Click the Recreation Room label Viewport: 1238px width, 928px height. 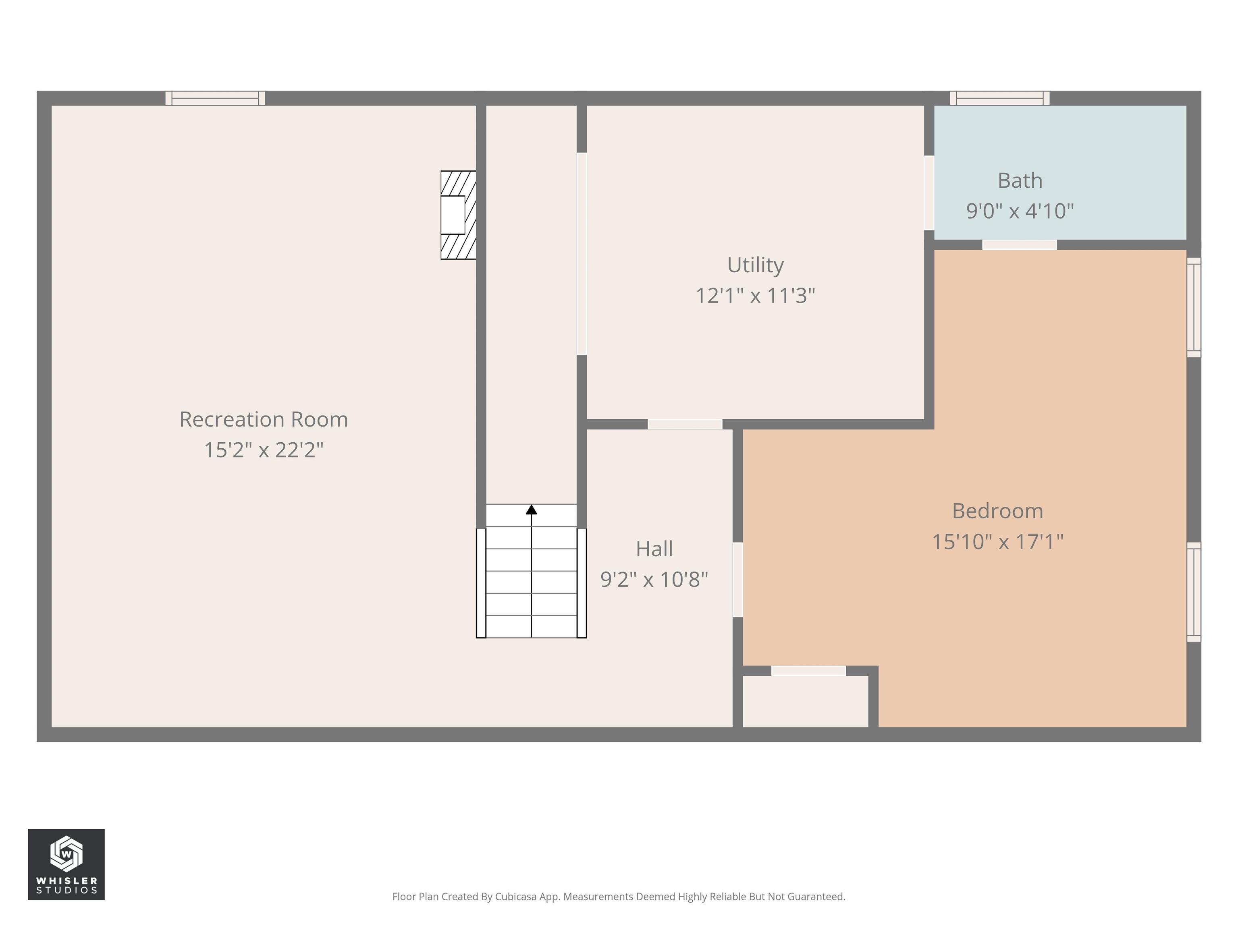point(264,420)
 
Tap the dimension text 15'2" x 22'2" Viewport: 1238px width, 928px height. point(264,450)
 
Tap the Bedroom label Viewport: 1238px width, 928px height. point(997,511)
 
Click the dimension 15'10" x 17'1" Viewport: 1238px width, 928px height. point(997,541)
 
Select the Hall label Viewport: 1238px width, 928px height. point(654,549)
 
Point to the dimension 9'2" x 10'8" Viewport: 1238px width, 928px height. point(654,580)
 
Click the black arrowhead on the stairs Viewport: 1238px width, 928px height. point(531,510)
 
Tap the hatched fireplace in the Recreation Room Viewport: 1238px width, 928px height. point(458,215)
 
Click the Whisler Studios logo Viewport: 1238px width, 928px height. point(66,864)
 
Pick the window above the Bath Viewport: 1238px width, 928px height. point(999,98)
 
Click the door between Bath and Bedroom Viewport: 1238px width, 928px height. point(1020,245)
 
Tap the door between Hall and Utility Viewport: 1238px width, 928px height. point(685,425)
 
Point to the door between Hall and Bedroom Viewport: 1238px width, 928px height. point(737,580)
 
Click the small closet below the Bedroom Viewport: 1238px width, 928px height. point(805,702)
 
